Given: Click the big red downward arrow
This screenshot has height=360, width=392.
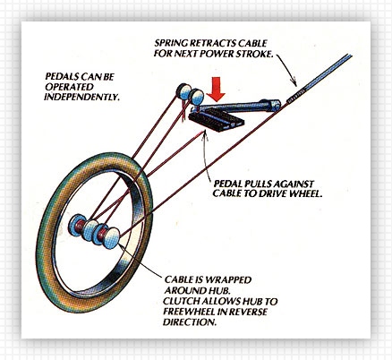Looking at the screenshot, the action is pos(216,89).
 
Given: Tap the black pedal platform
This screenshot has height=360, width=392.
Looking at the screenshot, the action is pos(217,120).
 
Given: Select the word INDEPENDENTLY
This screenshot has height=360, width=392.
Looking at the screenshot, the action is pos(81,97).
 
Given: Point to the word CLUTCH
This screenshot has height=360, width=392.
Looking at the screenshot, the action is pos(181,301).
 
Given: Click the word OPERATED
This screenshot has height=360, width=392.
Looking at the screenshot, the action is pos(69,87).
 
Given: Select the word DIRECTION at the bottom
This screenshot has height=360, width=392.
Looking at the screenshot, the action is pos(189,322).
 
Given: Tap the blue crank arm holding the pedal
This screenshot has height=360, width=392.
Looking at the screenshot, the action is pos(240,106).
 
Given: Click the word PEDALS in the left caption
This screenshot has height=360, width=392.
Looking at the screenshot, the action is pos(62,77).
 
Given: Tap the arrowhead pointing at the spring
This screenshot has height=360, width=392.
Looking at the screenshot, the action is pos(294,81).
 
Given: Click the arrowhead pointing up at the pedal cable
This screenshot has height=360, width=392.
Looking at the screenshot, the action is pos(205,136).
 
